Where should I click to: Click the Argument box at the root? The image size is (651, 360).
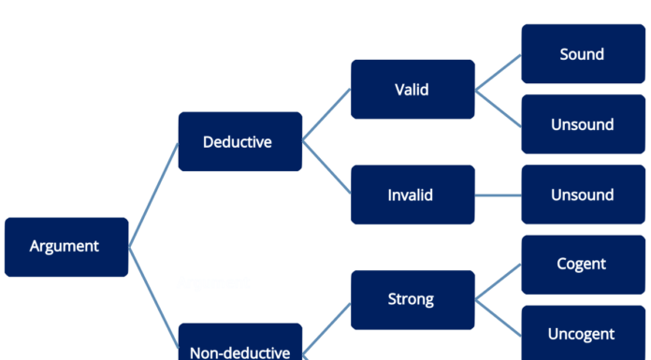coord(65,247)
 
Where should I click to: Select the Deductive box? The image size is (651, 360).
coord(239,142)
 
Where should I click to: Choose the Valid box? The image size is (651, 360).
coord(412,90)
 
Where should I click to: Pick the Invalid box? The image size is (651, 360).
coord(412,194)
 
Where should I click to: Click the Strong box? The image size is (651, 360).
coord(412,299)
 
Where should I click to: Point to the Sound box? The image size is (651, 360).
coord(583,54)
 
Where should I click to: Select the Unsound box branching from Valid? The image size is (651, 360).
coord(583,124)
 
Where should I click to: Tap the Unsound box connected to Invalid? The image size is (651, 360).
coord(583,194)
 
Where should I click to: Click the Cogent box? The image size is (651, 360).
coord(583,265)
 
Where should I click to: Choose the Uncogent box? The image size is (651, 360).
coord(583,334)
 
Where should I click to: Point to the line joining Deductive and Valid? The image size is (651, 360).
coord(326,116)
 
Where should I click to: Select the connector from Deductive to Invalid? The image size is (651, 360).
coord(326,169)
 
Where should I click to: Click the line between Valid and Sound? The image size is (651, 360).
coord(499,72)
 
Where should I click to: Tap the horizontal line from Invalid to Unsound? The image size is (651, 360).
coord(499,194)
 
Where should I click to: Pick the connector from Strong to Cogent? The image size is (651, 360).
coord(499,282)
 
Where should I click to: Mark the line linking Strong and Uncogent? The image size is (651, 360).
coord(499,317)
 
